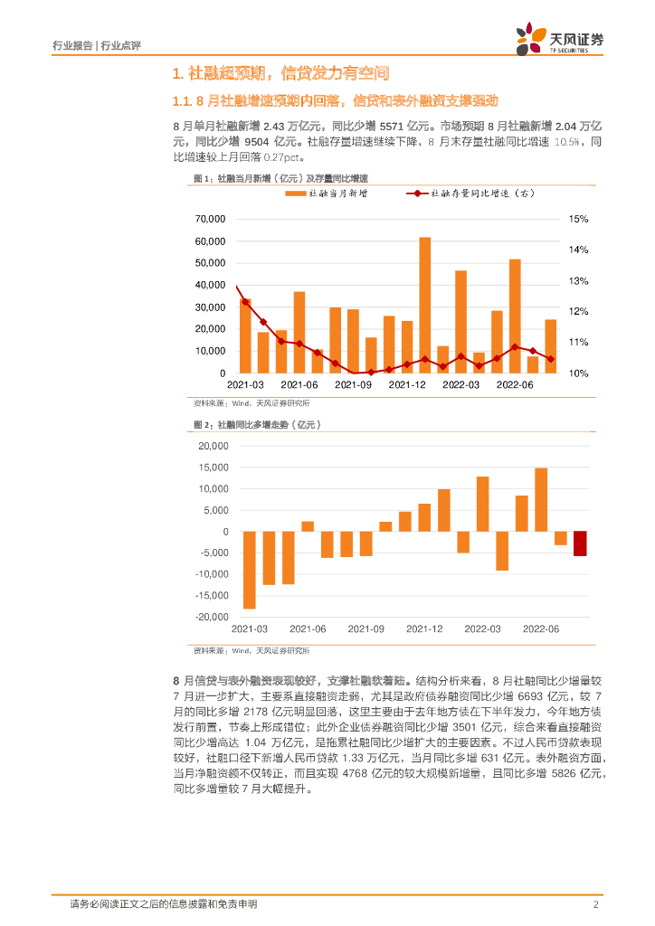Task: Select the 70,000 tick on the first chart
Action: (210, 220)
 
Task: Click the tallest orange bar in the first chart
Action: (424, 305)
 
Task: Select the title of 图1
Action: (261, 178)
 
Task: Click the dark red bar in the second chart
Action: (579, 543)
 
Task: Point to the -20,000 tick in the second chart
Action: (210, 617)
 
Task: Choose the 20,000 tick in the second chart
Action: (210, 446)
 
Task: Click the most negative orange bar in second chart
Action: (249, 570)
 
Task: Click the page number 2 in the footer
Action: (595, 904)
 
